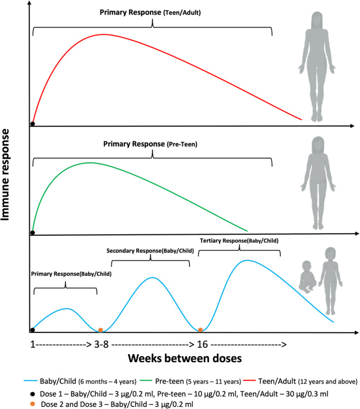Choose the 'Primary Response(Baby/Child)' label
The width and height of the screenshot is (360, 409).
[71, 274]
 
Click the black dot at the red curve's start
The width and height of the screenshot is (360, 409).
[32, 123]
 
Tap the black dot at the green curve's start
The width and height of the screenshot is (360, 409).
[32, 233]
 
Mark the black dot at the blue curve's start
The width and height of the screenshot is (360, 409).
[32, 330]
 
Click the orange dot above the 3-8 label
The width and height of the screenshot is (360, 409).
[101, 330]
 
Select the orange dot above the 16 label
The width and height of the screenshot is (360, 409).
[201, 330]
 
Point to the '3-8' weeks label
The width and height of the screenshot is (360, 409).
[101, 343]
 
